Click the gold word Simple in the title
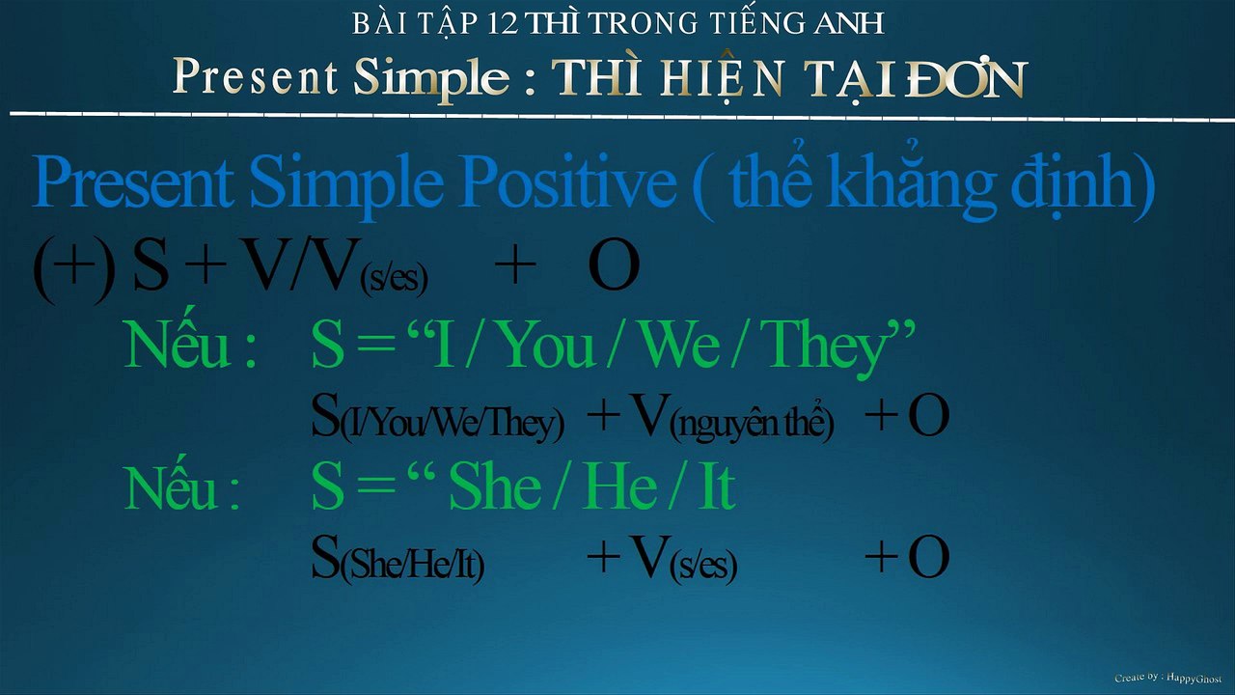coord(430,78)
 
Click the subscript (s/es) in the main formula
coord(393,281)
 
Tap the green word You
coord(547,347)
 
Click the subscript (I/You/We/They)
coord(452,423)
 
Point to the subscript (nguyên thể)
coord(752,423)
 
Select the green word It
coord(715,487)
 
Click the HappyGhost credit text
coord(1167,679)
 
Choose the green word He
coord(618,487)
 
